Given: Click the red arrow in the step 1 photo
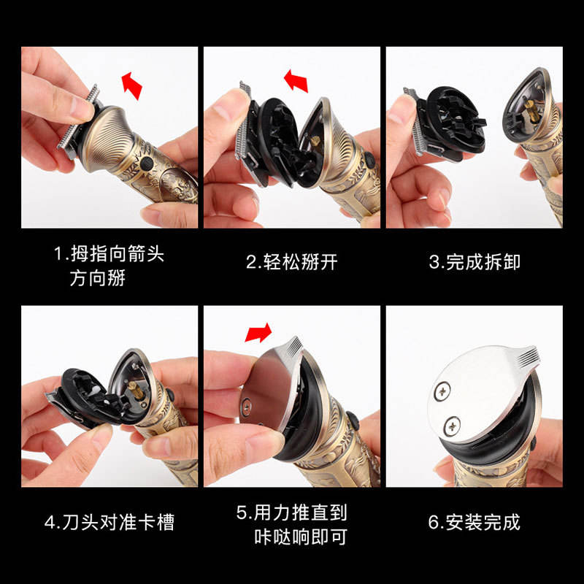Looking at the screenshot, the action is point(131,85).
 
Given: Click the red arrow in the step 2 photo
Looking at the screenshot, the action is point(296,80).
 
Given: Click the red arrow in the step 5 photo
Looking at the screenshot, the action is point(258,332).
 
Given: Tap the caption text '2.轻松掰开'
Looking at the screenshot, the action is point(291,262).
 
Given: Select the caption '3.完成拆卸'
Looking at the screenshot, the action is point(474,262).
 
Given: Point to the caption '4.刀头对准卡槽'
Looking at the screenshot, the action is point(109,522).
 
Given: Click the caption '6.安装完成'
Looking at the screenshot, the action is point(474,522).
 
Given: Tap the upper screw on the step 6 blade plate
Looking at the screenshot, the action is point(442,391).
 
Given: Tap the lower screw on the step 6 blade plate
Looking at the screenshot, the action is point(452,426).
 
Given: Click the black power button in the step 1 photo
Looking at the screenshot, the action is point(147,163).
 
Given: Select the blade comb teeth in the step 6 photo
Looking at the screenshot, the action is point(526,356).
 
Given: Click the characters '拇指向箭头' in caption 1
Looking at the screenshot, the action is point(118,254).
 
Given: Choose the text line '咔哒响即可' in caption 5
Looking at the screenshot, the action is point(301,537).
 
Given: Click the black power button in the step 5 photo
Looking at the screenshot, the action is point(353,421).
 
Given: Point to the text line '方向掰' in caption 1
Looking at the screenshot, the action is point(98,278).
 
